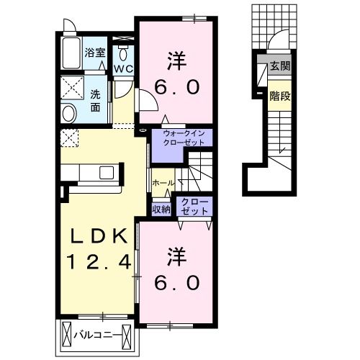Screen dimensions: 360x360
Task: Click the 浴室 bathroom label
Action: [95, 53]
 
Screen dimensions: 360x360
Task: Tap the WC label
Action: [123, 69]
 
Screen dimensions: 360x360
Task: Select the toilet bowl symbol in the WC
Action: [123, 53]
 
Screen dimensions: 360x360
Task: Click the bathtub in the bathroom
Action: [71, 53]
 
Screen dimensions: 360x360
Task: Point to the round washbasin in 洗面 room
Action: [69, 114]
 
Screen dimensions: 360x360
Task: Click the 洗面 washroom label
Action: [95, 101]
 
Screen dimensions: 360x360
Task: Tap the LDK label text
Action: [99, 236]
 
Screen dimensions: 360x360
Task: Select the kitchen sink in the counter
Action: [107, 172]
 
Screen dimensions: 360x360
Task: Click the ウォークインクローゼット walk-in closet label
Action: [184, 138]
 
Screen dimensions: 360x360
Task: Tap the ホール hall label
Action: [163, 184]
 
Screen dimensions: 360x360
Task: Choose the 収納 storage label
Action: [161, 210]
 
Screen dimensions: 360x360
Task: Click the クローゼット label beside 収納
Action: [194, 207]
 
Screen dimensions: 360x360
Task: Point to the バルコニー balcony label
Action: [96, 335]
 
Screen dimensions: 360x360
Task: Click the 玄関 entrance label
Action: [280, 66]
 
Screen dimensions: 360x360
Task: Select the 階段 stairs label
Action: [280, 96]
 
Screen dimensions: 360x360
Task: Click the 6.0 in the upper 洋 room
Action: [177, 87]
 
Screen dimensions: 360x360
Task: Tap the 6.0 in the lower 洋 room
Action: [177, 282]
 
